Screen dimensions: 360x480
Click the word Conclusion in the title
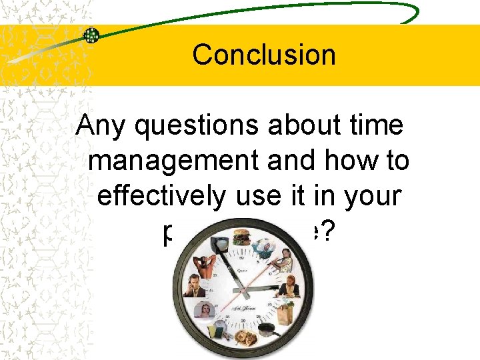click(x=264, y=54)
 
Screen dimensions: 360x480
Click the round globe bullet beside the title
click(x=92, y=35)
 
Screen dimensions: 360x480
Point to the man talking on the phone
click(x=195, y=285)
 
